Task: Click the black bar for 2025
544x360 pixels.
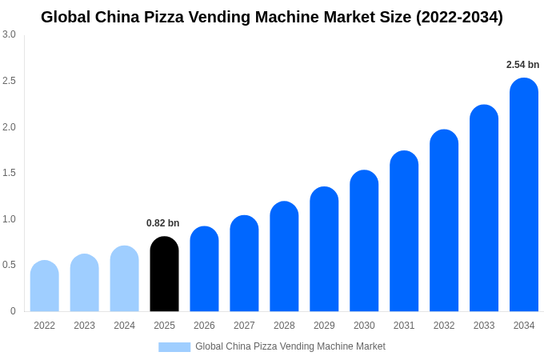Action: (164, 274)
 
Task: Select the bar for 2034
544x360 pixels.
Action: (524, 195)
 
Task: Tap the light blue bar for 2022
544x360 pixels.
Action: (45, 286)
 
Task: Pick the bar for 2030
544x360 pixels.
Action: (364, 241)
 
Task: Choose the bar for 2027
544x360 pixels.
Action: (244, 264)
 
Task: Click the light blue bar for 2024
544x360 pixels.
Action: (124, 279)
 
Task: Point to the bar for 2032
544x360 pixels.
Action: (444, 221)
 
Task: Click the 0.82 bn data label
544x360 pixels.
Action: (162, 223)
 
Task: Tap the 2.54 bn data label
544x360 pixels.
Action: (522, 65)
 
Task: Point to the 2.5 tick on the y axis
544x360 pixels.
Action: (9, 81)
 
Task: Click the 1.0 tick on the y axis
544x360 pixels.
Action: (9, 219)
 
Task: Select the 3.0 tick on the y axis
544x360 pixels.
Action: (9, 34)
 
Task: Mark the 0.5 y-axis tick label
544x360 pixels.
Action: (9, 265)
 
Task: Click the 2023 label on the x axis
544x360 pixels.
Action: (84, 326)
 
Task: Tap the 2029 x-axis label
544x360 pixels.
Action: (324, 326)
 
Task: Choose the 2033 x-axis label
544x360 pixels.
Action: (484, 326)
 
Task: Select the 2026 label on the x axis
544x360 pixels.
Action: (204, 326)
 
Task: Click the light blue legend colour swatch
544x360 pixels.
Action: (174, 347)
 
